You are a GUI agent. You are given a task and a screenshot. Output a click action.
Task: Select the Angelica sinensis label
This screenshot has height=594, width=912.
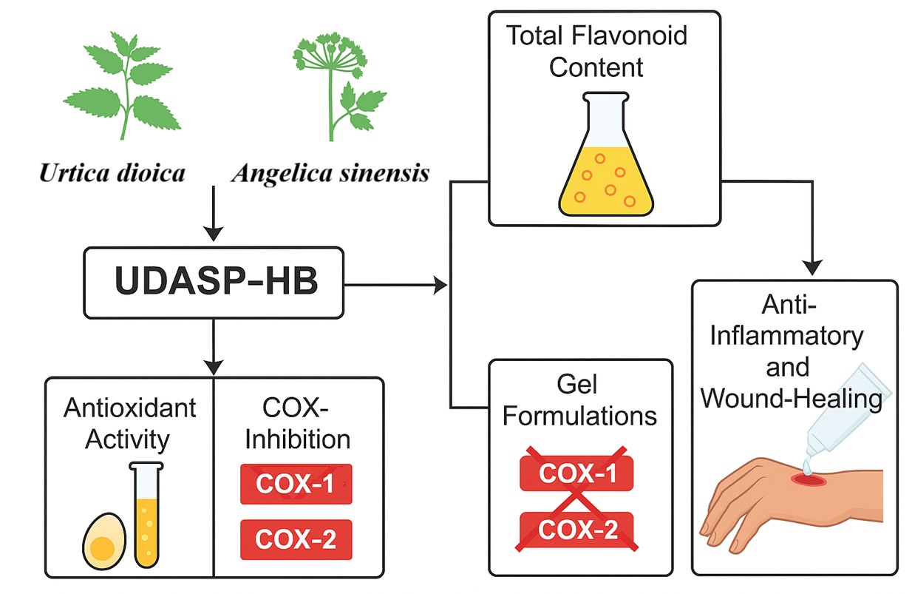tap(330, 174)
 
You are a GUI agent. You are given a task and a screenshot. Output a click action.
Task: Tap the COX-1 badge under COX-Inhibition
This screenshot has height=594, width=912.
tap(296, 484)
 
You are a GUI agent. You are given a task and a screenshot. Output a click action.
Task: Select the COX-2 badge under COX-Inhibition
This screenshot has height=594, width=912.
tap(296, 539)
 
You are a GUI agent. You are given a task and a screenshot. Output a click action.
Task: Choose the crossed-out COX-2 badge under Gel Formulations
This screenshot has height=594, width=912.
tap(577, 529)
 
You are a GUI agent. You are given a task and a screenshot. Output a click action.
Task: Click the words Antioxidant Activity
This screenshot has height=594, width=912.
tap(129, 423)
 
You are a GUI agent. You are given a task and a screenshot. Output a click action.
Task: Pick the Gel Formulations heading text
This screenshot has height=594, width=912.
tap(581, 402)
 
